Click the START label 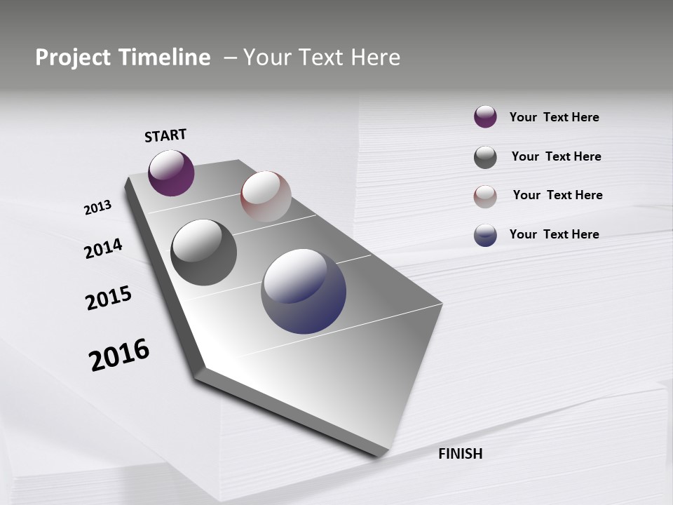(165, 135)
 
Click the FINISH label (460, 454)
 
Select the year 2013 (97, 208)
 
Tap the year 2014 (103, 248)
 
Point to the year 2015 (109, 298)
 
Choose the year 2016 (119, 354)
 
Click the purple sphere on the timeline (171, 173)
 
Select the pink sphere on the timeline (266, 196)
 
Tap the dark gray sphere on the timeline (204, 252)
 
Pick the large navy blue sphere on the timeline (304, 291)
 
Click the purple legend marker (485, 117)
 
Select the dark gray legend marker (485, 157)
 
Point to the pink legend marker (485, 196)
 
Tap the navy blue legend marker (485, 235)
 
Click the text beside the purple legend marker (554, 117)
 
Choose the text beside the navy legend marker (554, 234)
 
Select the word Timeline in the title (165, 58)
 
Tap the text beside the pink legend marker (557, 195)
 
